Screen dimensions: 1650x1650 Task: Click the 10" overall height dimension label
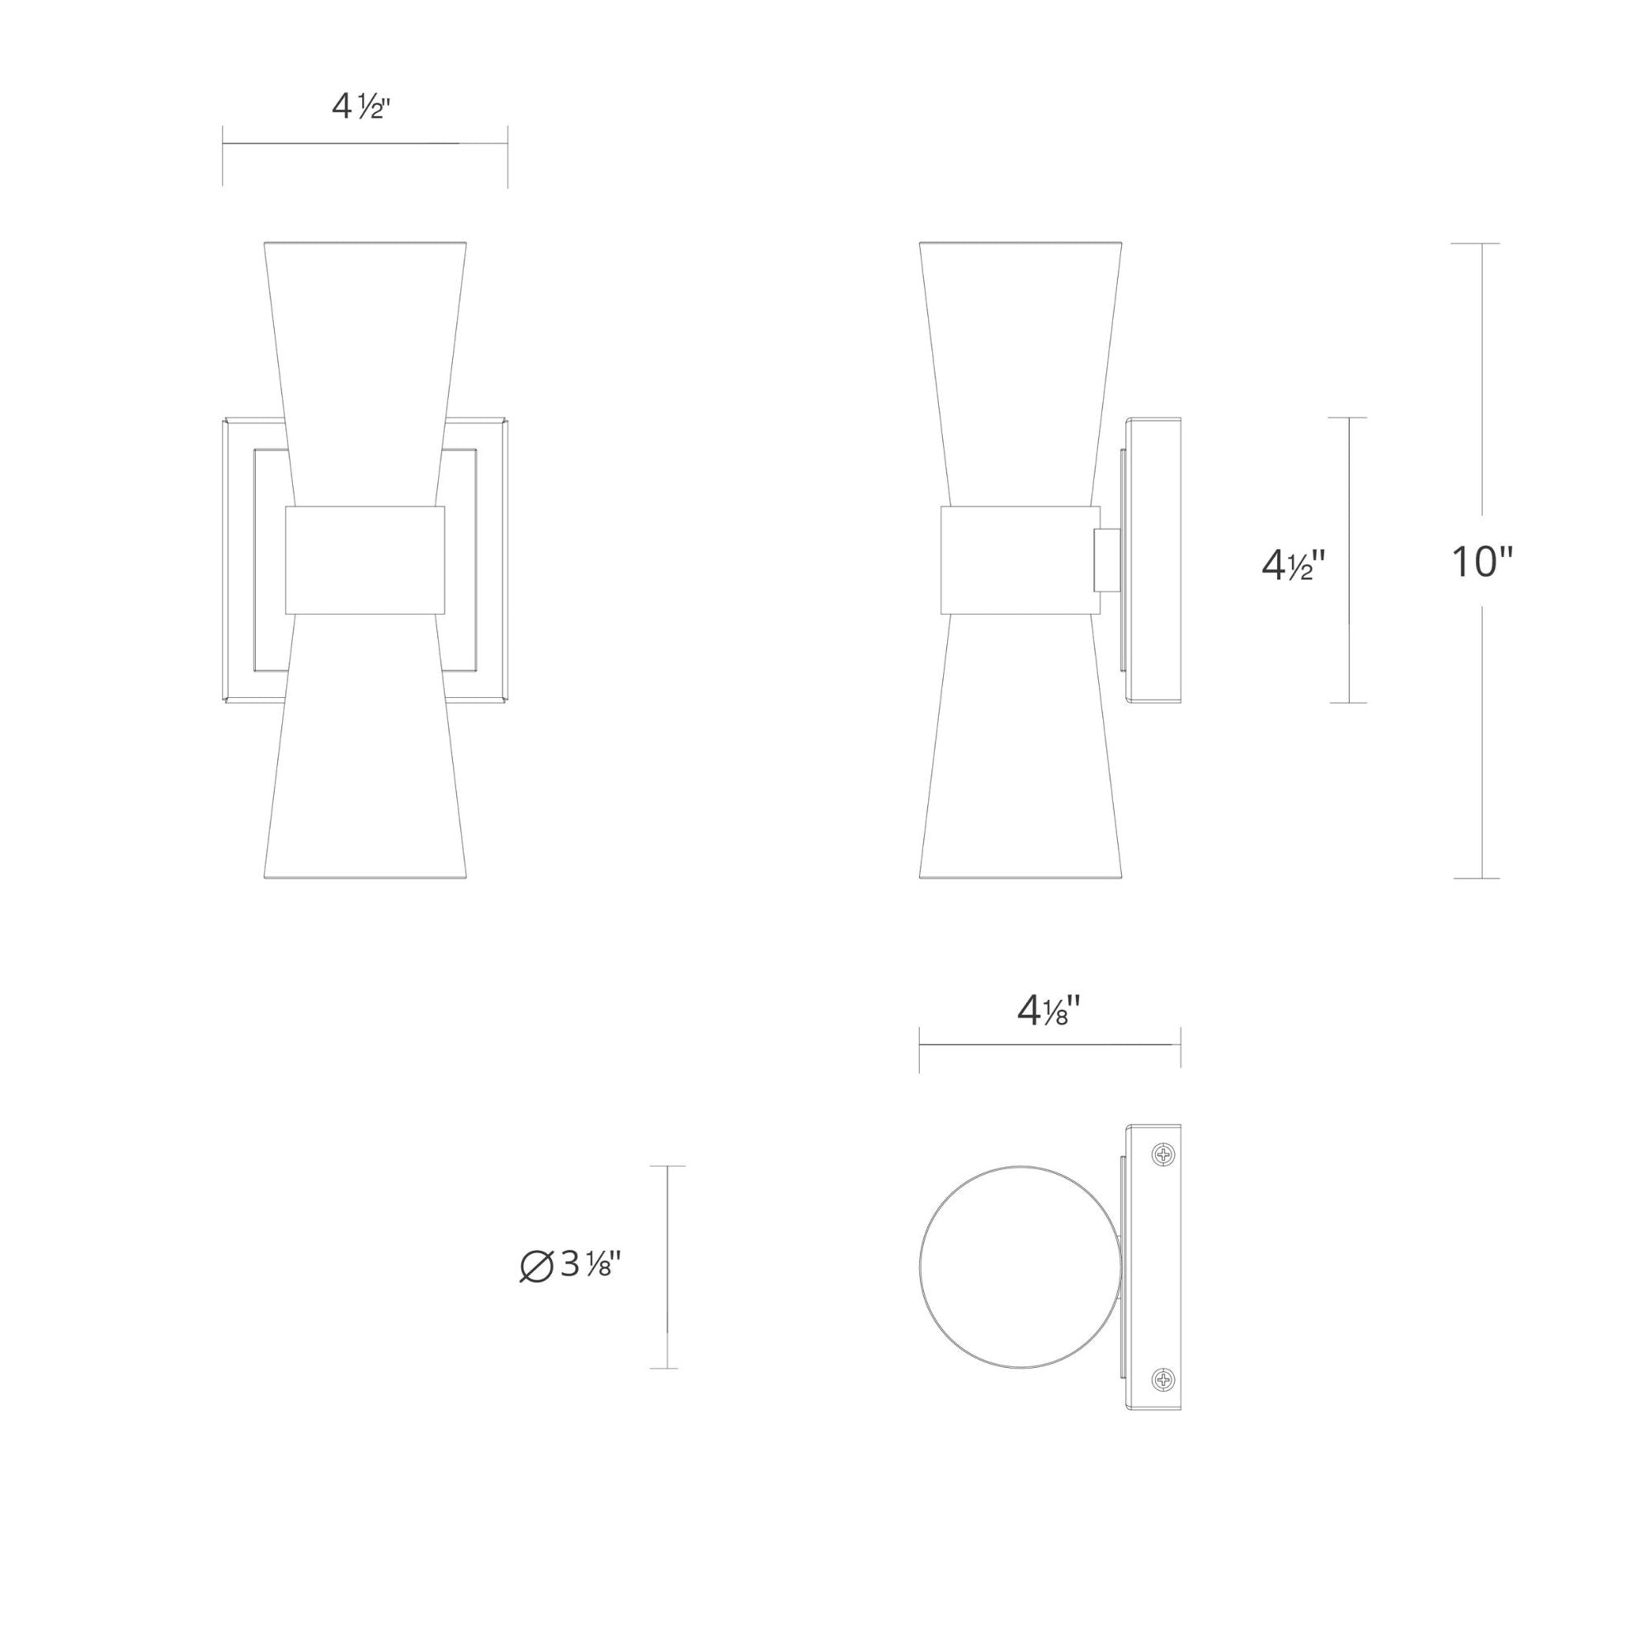tap(1482, 563)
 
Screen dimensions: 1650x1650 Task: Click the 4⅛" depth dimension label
tap(1049, 1012)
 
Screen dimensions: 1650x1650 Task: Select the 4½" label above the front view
tap(361, 107)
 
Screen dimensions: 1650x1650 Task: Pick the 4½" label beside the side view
tap(1293, 564)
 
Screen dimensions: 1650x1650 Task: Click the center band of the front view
tap(365, 559)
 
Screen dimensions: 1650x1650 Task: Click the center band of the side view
tap(1020, 559)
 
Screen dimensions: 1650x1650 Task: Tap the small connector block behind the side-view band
tap(1107, 560)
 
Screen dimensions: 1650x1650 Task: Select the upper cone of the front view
tap(365, 359)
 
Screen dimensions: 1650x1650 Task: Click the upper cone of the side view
tap(1020, 359)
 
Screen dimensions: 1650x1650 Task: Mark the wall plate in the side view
tap(1155, 560)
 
